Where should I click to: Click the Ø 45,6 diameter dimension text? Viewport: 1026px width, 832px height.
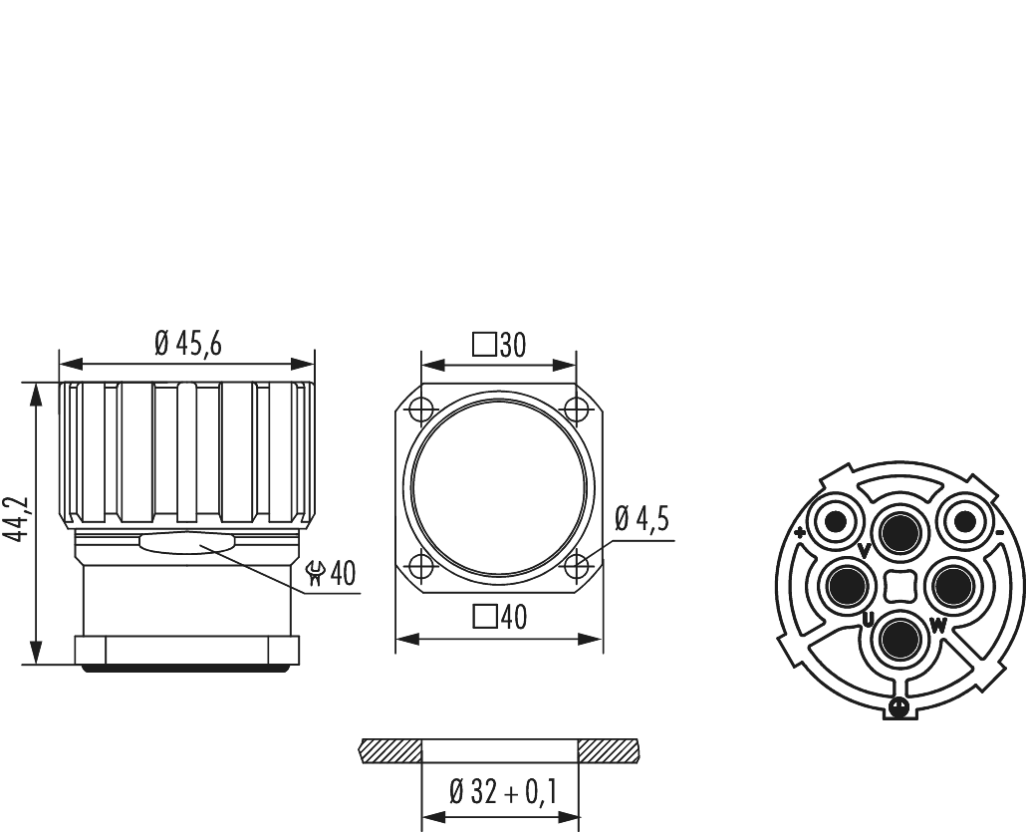187,344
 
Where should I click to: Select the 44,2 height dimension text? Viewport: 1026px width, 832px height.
15,521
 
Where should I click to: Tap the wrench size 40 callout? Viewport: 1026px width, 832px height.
332,574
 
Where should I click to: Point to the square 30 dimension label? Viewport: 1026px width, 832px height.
499,345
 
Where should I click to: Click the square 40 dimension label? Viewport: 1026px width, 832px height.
499,618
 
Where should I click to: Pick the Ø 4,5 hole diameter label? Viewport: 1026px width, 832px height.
641,519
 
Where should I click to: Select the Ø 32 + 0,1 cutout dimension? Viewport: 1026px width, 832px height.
502,793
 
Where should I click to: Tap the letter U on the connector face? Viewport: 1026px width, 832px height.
869,622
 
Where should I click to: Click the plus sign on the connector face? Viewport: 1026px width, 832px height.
800,533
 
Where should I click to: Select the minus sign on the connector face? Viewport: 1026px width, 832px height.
997,533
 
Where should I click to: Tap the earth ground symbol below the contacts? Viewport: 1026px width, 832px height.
898,707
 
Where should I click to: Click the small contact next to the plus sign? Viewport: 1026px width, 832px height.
833,521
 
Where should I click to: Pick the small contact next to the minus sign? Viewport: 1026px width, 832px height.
964,521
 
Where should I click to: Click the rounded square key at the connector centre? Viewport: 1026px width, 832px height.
898,585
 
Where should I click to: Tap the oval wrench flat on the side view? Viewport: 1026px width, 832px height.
187,542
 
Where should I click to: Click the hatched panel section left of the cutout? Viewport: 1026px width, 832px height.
391,749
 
